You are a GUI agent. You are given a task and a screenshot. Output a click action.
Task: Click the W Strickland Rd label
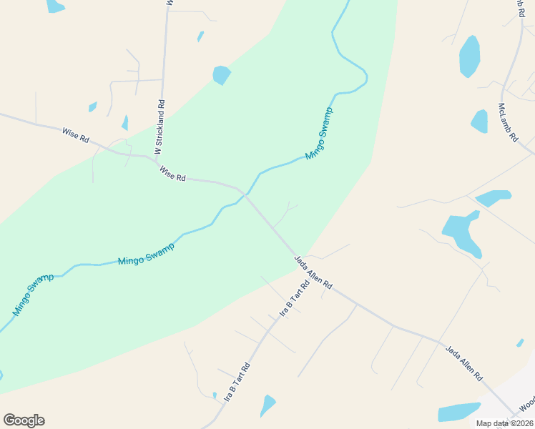pyautogui.click(x=160, y=127)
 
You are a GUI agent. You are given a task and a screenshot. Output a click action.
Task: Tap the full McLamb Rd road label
pyautogui.click(x=507, y=122)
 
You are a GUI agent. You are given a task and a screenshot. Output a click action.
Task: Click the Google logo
pyautogui.click(x=24, y=420)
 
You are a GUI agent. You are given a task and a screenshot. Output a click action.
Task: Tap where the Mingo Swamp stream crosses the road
pyautogui.click(x=245, y=194)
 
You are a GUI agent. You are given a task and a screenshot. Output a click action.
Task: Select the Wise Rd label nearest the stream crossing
pyautogui.click(x=172, y=174)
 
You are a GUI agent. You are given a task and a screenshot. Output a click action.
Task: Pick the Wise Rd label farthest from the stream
pyautogui.click(x=75, y=134)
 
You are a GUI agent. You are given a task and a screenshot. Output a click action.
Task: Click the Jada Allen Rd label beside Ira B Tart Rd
pyautogui.click(x=313, y=272)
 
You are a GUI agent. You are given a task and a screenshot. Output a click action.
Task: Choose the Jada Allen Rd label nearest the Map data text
pyautogui.click(x=464, y=363)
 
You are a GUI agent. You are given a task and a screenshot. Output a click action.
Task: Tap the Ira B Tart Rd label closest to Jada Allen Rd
pyautogui.click(x=294, y=299)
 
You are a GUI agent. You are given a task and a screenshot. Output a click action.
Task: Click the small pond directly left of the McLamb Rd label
pyautogui.click(x=479, y=121)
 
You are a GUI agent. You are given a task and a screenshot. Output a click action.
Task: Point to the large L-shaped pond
pyautogui.click(x=462, y=232)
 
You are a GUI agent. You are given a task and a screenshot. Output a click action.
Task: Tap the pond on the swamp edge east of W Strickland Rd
pyautogui.click(x=222, y=74)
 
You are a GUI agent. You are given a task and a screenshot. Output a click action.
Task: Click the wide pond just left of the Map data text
pyautogui.click(x=458, y=412)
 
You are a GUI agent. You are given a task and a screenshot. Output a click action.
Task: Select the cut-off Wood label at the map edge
pyautogui.click(x=526, y=404)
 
